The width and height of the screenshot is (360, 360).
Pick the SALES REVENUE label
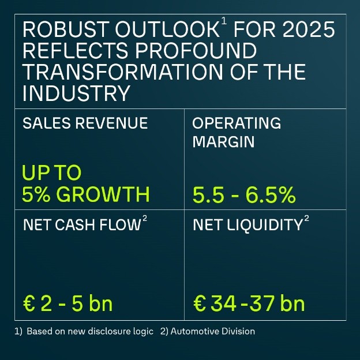click(x=85, y=123)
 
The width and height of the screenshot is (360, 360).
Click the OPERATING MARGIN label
click(x=236, y=132)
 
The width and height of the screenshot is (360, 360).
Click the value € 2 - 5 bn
click(x=68, y=303)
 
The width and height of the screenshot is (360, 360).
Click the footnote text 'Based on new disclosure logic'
click(x=90, y=332)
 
